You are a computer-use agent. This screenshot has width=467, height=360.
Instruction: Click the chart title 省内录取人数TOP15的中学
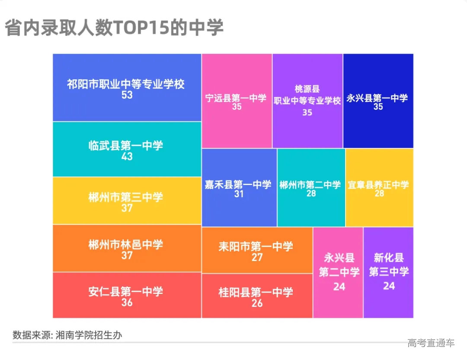coord(114,28)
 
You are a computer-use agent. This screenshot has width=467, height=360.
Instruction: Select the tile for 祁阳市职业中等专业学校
coord(127,88)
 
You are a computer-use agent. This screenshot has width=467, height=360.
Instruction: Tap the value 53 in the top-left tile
coord(127,95)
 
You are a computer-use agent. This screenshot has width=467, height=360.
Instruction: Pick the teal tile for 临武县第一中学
coord(127,149)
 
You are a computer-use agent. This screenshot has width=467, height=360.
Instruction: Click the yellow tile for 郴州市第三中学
coord(127,201)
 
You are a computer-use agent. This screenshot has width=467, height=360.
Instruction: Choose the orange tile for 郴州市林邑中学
coord(127,248)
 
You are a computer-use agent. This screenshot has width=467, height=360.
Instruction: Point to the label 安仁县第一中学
coord(126,292)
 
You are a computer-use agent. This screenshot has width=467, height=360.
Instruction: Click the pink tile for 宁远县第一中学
coord(237,101)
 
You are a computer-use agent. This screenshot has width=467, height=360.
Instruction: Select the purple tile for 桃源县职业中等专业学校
coord(307,101)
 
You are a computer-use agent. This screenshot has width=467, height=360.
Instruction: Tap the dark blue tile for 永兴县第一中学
coord(378,101)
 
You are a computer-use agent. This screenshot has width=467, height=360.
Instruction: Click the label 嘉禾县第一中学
coord(238,185)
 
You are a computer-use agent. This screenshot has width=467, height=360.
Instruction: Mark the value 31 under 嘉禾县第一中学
coord(239,194)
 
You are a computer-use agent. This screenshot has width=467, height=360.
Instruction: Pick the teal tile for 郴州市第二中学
coord(311,188)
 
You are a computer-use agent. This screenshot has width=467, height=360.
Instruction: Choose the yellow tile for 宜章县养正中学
coord(380,188)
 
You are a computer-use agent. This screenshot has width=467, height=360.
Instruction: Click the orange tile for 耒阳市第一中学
coord(257,250)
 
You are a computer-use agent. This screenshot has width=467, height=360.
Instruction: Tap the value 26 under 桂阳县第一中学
coord(257,303)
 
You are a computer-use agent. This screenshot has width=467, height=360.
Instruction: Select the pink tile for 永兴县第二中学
coord(338,272)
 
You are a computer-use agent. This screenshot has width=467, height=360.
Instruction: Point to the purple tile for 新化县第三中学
coord(388,272)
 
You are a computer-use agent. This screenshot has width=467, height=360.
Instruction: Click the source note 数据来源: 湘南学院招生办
coord(67,335)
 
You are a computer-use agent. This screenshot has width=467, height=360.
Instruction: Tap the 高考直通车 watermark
coord(431,343)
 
